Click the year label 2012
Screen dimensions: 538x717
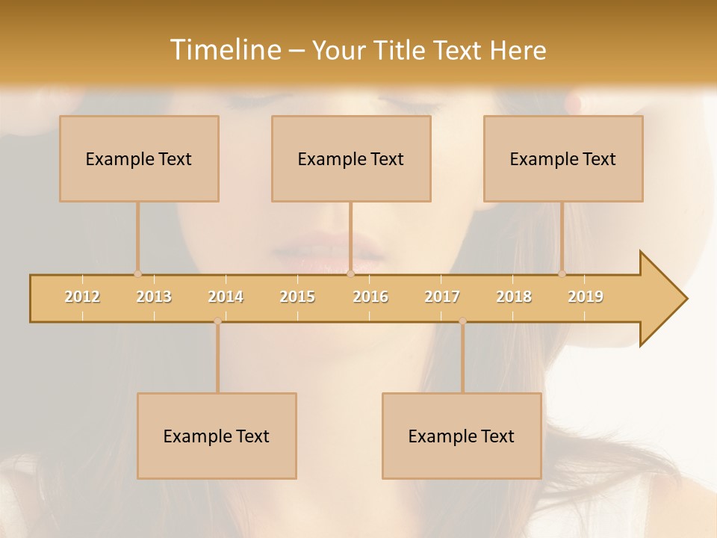(82, 297)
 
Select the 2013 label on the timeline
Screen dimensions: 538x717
(154, 297)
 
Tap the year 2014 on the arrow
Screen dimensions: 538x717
(226, 297)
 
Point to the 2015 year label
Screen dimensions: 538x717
(297, 297)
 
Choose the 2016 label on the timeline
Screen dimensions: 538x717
(370, 297)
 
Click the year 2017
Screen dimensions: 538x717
(442, 297)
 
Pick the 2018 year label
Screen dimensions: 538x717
(514, 297)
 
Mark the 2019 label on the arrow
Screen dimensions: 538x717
(586, 297)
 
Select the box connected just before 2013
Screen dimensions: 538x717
(139, 158)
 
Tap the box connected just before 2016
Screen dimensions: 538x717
(351, 158)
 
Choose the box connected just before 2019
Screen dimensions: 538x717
(563, 158)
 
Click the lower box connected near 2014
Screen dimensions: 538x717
(217, 436)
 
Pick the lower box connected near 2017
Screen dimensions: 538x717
(462, 436)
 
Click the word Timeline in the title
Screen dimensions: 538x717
(224, 50)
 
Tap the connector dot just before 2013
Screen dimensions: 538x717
(137, 274)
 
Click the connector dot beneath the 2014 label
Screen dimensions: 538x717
(217, 321)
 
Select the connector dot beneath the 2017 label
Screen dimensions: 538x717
(462, 321)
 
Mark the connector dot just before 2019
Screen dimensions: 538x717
(562, 274)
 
